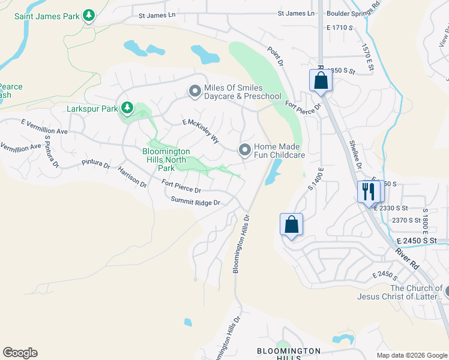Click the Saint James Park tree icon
tap(89, 15)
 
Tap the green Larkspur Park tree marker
tap(127, 108)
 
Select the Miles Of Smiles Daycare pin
tap(194, 91)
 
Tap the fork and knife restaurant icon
tap(368, 192)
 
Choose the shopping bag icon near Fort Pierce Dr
tap(321, 80)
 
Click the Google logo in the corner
tap(20, 353)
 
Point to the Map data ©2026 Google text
tap(411, 355)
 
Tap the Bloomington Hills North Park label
tap(166, 160)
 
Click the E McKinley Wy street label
tap(200, 130)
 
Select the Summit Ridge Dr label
tap(196, 202)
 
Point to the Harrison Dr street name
tap(132, 178)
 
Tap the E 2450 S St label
tap(423, 241)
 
